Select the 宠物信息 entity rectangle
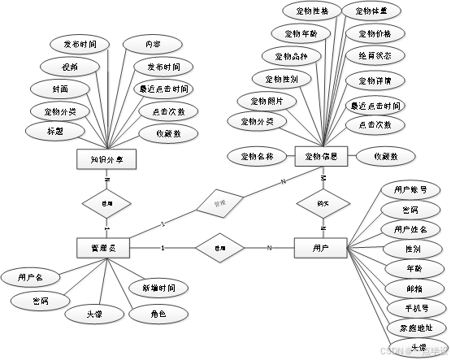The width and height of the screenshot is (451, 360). click(322, 156)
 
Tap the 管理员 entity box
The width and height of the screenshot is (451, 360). click(104, 248)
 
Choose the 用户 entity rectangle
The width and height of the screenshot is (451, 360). click(320, 248)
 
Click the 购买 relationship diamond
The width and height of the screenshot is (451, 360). click(322, 202)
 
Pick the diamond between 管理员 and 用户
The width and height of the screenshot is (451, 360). click(218, 248)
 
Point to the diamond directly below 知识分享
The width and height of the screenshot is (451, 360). click(106, 203)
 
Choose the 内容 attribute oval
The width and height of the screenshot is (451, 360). click(153, 44)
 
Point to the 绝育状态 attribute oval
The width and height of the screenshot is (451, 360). click(375, 56)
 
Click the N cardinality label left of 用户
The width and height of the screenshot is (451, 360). click(269, 248)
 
